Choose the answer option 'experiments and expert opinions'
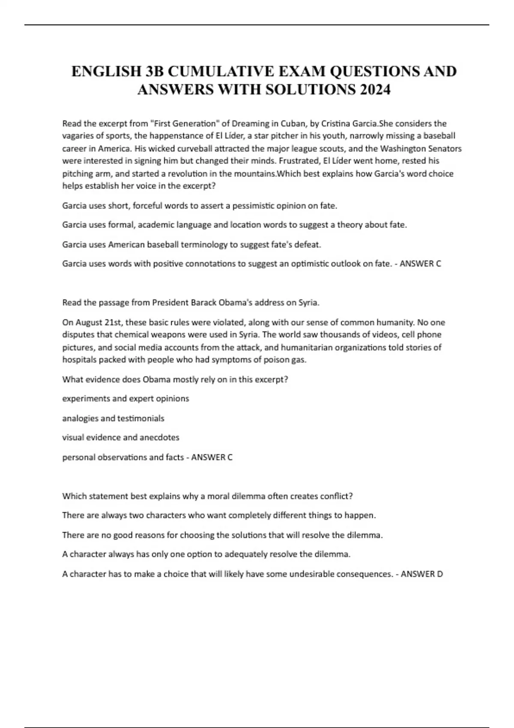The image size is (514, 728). coord(126,399)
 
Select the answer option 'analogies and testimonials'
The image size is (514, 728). coord(113,418)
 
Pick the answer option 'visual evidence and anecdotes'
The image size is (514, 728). coord(121,438)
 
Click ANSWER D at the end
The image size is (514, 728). coord(421,574)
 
